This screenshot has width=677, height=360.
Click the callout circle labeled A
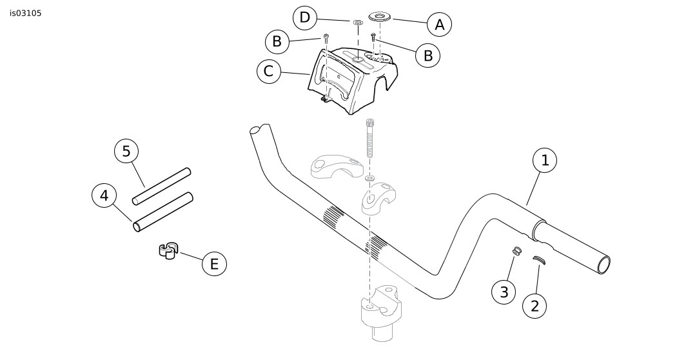pos(439,25)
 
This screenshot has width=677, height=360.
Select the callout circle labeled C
pos(269,72)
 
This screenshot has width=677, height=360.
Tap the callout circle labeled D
pos(305,17)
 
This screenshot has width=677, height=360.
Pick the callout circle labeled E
pos(214,263)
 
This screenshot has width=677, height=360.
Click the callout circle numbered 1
pos(545,161)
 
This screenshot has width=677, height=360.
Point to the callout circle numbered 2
pos(535,306)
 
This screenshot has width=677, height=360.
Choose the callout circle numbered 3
pos(504,292)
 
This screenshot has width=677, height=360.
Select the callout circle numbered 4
pos(104,195)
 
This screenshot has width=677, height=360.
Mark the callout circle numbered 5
pos(126,151)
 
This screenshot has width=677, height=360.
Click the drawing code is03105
pos(26,14)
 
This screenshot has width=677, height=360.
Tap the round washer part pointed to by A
pos(380,17)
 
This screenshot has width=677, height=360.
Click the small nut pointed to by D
pos(357,21)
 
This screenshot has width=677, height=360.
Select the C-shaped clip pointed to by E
pos(168,251)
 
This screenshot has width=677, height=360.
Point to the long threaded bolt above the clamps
pos(369,138)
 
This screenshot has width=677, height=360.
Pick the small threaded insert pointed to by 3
pos(517,250)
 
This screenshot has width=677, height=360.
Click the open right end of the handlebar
pos(603,264)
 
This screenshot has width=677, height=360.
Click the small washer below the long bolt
pos(369,178)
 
